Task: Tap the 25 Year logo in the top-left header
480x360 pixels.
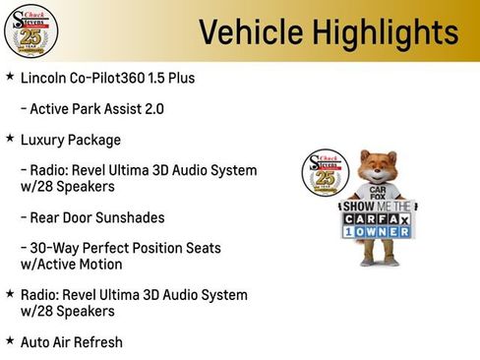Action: click(x=31, y=31)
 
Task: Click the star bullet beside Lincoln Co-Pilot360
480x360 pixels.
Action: click(x=10, y=76)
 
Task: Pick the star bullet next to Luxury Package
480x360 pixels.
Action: click(x=10, y=139)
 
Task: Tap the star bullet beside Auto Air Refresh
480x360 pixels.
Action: click(x=10, y=340)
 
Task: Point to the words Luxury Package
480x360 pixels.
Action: click(x=71, y=140)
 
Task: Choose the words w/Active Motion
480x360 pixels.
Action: click(x=72, y=264)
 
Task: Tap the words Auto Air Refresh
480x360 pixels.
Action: click(x=71, y=341)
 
